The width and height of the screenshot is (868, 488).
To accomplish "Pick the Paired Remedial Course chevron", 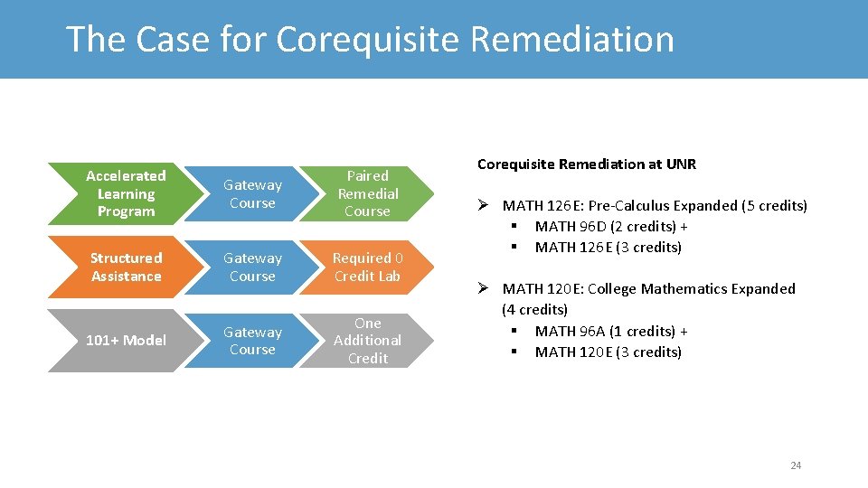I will point(367,193).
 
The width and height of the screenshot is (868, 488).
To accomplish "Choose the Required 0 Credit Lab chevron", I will point(367,267).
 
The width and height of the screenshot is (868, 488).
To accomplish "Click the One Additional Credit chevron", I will point(367,341).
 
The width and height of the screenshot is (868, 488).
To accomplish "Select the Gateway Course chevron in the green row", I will point(252,194).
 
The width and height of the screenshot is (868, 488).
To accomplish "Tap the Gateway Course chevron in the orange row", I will point(252,267).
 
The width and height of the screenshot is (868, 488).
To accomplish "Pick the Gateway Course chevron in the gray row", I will point(252,341).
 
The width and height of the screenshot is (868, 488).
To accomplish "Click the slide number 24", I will point(796,465).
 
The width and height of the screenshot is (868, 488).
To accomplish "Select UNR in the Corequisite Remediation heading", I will point(682,164).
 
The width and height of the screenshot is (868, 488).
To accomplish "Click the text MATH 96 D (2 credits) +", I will point(611,227).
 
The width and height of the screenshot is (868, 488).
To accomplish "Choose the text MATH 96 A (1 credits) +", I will point(611,332).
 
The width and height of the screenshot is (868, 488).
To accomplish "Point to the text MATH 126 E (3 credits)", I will point(608,248).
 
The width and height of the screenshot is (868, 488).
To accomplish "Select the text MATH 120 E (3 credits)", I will point(608,352).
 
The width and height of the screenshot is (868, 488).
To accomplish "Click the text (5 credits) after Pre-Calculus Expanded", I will point(774,206).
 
